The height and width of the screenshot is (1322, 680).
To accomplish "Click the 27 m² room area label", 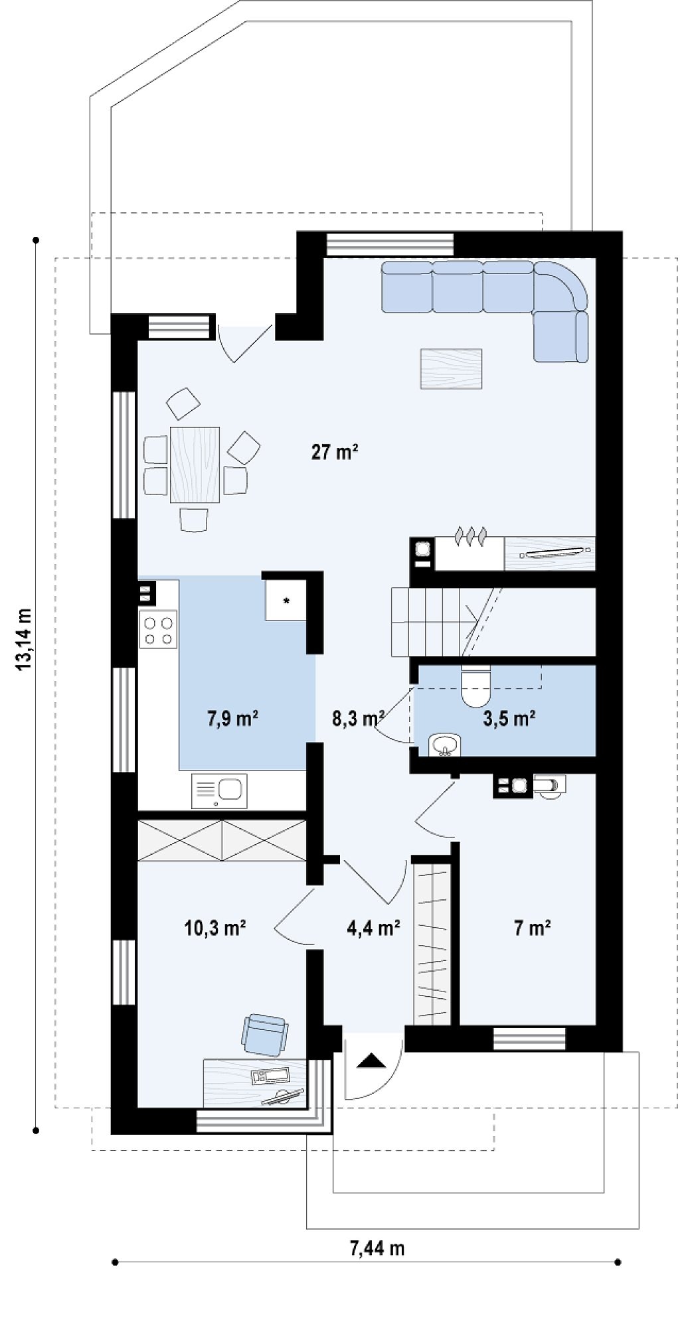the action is click(x=335, y=453).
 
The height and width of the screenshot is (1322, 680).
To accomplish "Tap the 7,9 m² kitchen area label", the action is click(x=233, y=718).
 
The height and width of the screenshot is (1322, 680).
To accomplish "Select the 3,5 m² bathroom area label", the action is click(x=509, y=718).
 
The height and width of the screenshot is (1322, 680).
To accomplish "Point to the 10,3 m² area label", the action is click(x=215, y=927).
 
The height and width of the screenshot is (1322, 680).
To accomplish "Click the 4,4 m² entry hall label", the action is click(x=373, y=927).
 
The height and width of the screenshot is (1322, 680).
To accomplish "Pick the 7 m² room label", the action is click(x=533, y=927).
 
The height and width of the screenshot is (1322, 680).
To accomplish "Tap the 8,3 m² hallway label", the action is click(x=358, y=718).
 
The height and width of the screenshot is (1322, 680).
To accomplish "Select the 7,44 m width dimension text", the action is click(x=377, y=1248).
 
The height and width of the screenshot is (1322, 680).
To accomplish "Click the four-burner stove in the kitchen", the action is click(x=159, y=631).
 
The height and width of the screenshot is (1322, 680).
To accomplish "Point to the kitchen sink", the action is click(x=220, y=790).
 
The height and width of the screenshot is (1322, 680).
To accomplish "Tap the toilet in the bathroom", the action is click(x=475, y=686).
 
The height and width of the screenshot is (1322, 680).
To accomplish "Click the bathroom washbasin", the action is click(x=444, y=745).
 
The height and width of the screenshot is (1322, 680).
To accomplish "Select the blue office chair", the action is click(x=266, y=1034).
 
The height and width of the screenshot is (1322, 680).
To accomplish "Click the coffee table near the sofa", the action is click(x=451, y=368).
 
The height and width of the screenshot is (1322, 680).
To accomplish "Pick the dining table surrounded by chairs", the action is click(x=195, y=465).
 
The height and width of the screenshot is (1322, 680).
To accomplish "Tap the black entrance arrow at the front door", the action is click(x=371, y=1061).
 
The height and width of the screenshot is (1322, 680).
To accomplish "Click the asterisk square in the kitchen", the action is click(x=286, y=601).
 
